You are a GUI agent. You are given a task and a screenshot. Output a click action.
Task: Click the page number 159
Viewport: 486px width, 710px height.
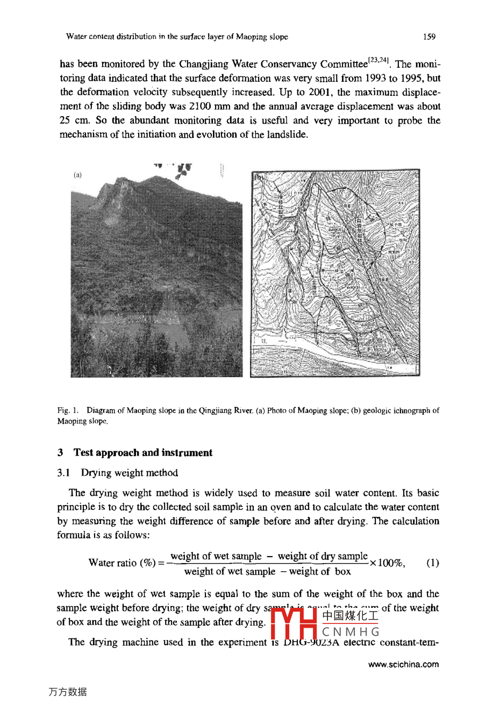pos(429,37)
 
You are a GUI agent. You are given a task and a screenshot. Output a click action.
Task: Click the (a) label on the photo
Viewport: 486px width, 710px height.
pos(78,175)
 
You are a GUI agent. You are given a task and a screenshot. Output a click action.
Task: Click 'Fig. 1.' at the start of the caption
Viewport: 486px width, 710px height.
pos(68,411)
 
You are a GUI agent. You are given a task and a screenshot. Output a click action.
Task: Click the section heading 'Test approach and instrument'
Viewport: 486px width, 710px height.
pos(142,453)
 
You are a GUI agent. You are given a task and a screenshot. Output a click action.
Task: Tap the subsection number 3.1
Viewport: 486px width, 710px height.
pos(64,473)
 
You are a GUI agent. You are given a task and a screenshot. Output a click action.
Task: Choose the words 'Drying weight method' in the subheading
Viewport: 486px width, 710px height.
pos(130,473)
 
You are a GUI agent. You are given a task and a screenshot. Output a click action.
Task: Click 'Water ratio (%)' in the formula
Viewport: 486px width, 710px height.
pos(123,563)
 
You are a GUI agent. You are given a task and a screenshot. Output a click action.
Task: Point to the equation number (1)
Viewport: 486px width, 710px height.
pos(432,563)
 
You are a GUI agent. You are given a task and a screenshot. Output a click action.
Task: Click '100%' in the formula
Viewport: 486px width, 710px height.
pos(390,563)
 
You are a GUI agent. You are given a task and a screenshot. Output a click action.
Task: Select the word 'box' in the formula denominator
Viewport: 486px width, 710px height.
pos(342,572)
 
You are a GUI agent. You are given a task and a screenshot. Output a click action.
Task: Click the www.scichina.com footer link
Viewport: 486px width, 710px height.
pos(403,664)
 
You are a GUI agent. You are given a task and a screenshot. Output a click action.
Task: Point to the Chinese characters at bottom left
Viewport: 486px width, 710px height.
pos(68,692)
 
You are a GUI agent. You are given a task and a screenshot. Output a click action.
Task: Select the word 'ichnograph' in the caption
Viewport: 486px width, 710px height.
pos(410,411)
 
